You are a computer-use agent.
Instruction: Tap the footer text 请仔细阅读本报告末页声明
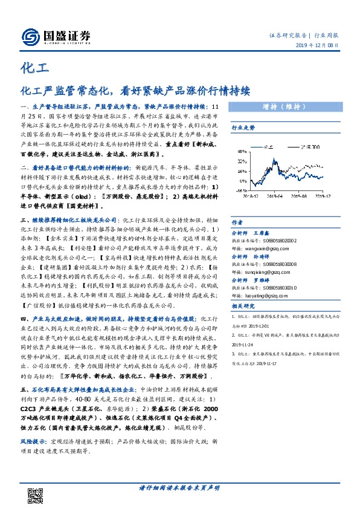pos(179,487)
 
